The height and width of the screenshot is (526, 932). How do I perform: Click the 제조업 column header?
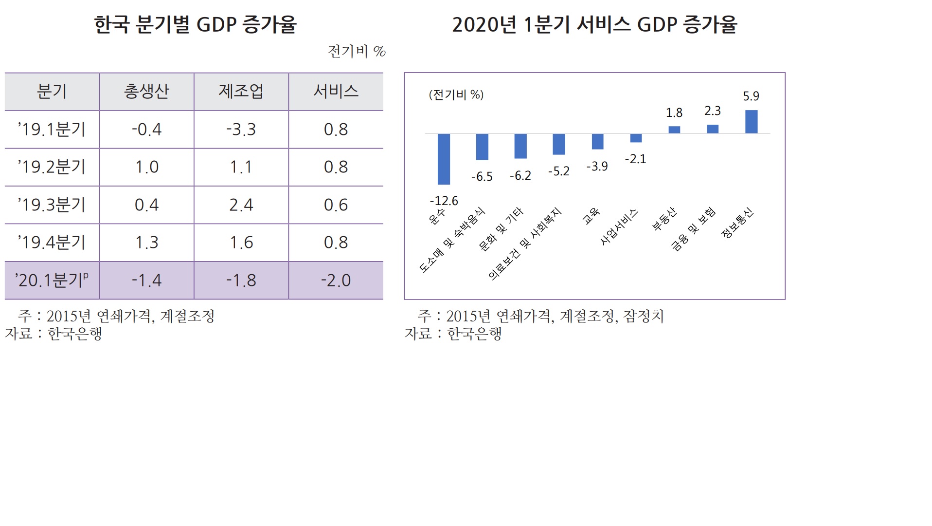[x=241, y=91]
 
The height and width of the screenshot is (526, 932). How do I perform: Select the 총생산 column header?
[x=146, y=91]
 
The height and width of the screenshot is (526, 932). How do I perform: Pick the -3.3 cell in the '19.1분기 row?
[x=241, y=129]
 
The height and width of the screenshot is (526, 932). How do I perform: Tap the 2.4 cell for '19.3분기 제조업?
[x=241, y=205]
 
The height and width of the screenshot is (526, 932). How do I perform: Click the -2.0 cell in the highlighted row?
[x=336, y=280]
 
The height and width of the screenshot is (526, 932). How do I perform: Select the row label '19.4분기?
[x=52, y=242]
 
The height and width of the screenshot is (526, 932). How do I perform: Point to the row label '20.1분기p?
[x=52, y=280]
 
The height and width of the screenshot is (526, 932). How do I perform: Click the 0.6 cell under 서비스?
[x=336, y=205]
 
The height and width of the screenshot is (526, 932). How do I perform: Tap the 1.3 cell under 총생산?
[x=146, y=242]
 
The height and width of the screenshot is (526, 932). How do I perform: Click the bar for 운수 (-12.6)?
[x=444, y=159]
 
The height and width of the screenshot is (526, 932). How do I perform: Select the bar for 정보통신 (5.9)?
[x=751, y=121]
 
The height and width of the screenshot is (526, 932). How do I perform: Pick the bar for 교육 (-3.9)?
[x=597, y=141]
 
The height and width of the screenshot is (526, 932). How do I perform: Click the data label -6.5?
[x=482, y=177]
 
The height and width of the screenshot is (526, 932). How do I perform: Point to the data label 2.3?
[x=712, y=111]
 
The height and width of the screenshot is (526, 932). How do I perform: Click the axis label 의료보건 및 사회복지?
[x=525, y=244]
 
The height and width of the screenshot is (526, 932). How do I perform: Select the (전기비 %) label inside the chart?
[x=456, y=94]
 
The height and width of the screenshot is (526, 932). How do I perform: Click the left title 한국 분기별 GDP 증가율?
[x=195, y=24]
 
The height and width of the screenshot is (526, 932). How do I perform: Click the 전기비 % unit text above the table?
[x=357, y=51]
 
